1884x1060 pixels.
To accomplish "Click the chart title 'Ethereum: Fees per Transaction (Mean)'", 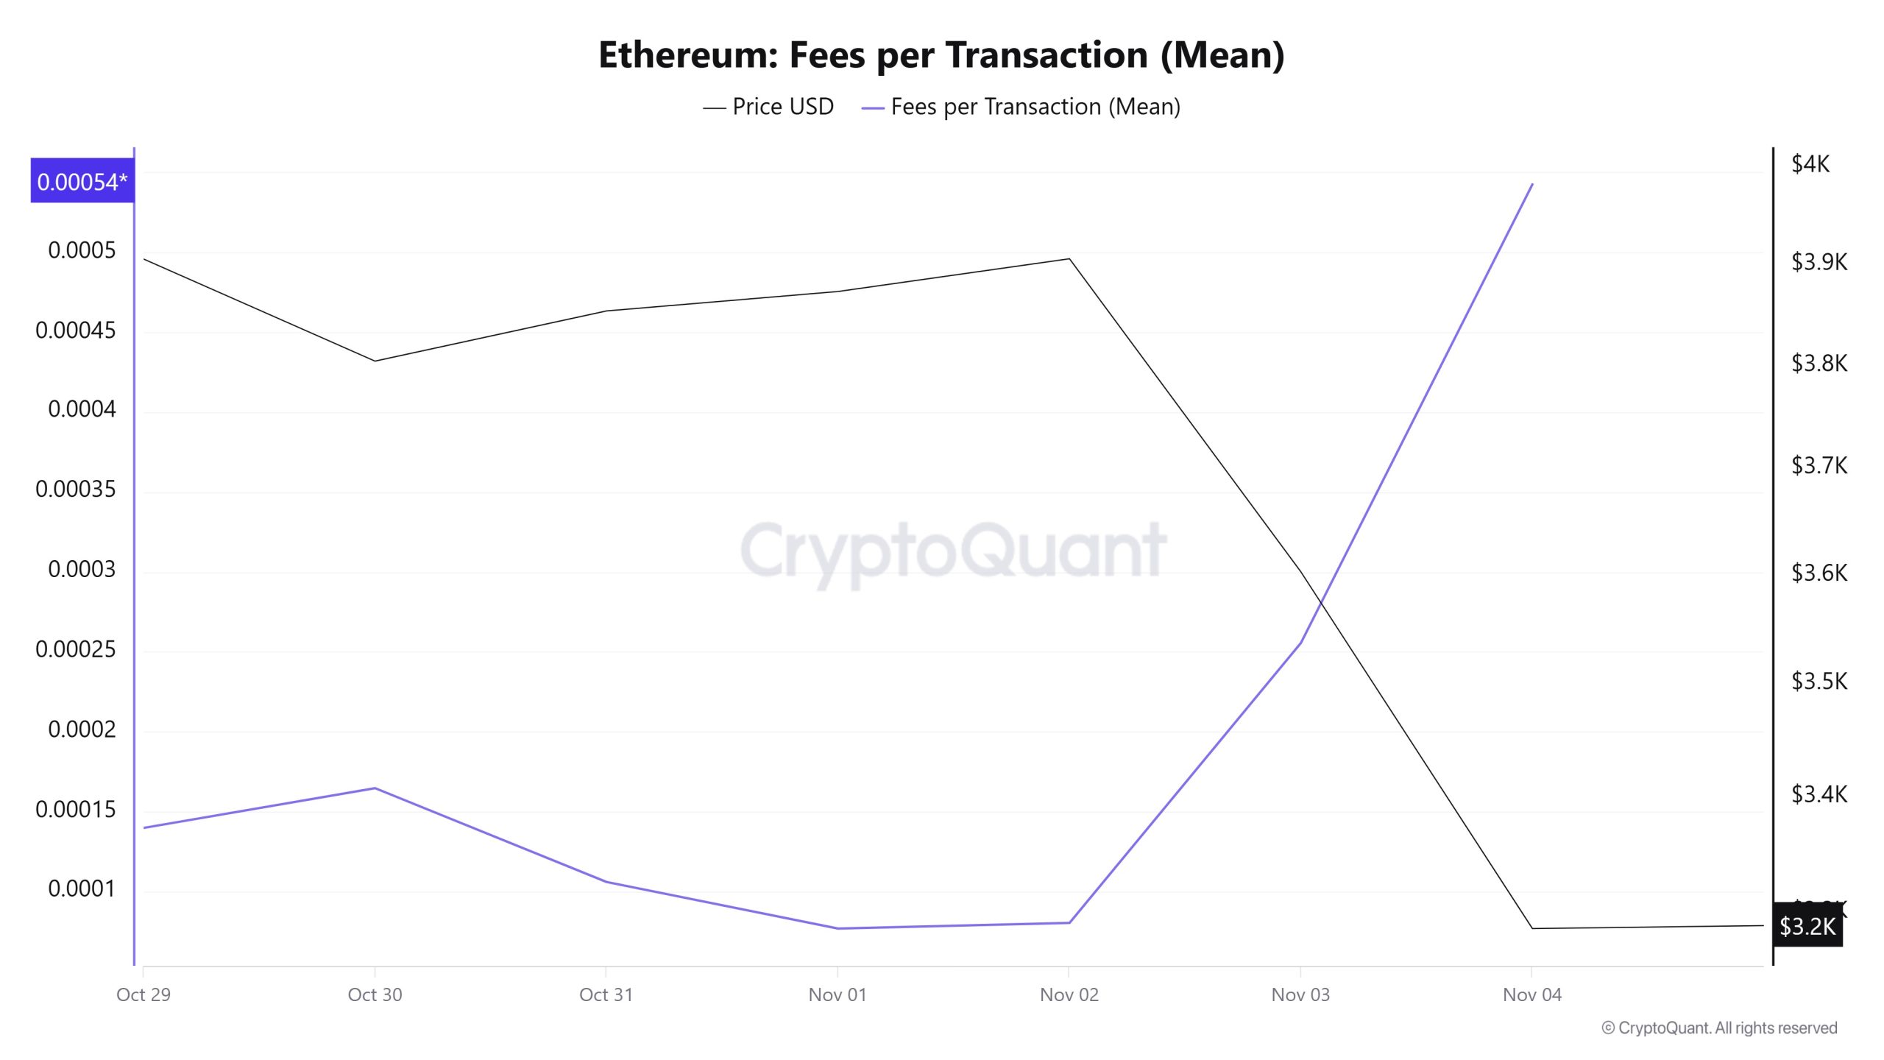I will (941, 55).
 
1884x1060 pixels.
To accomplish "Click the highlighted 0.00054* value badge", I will (82, 181).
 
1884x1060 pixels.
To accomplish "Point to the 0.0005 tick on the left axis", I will (82, 250).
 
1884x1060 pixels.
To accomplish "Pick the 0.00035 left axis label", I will (76, 489).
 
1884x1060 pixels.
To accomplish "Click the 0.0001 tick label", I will (82, 888).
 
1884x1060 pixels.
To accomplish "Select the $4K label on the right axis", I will (1810, 163).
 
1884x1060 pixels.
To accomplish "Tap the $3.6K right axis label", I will (1819, 572).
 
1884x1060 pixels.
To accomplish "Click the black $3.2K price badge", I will (1807, 926).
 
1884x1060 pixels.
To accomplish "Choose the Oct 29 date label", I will (144, 994).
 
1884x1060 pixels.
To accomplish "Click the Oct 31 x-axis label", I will (606, 994).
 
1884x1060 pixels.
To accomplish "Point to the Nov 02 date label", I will (1069, 994).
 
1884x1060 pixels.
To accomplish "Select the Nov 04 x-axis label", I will (1531, 994).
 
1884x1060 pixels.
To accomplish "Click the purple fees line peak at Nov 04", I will (1532, 184).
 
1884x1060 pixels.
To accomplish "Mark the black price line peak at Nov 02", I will (1069, 259).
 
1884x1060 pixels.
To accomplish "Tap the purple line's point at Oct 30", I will (375, 788).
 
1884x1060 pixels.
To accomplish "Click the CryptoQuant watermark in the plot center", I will (953, 551).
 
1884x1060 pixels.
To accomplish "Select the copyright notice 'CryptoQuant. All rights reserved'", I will (1719, 1028).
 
